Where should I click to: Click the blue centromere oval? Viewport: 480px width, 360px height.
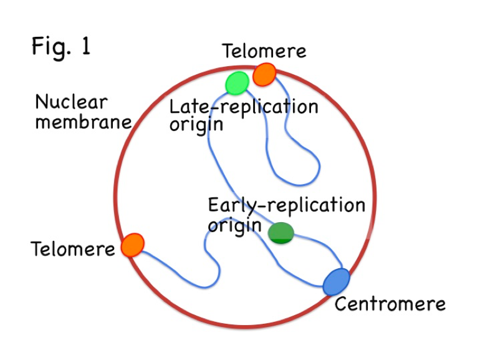337,281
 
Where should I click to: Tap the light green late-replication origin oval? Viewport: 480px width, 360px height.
237,82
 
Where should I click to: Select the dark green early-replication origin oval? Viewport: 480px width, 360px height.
281,232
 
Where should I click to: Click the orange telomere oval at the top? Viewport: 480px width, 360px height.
264,75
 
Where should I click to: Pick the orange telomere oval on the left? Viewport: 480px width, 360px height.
133,245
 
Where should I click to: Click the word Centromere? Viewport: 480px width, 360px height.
390,304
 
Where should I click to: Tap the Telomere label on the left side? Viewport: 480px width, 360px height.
73,249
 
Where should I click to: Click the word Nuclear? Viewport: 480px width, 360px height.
71,102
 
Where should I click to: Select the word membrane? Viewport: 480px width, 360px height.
83,121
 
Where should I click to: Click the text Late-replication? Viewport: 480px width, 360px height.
244,106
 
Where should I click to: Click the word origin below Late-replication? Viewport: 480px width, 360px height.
196,124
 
